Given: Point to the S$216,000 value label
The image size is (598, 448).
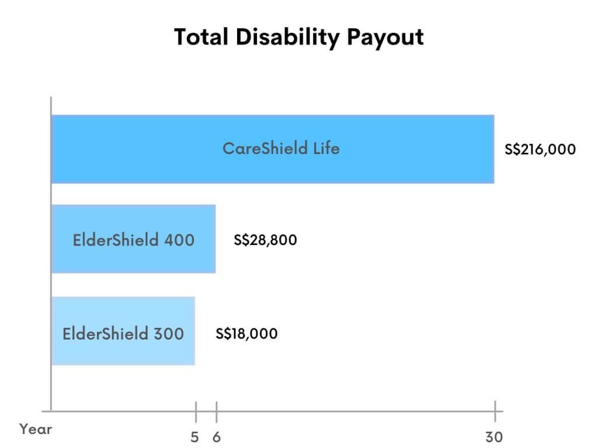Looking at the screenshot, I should point(540,149).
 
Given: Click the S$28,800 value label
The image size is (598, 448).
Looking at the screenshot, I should point(265,240).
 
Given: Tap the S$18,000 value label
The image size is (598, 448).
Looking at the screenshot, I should point(246,334).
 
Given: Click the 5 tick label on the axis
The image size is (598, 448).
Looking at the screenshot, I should point(194,436).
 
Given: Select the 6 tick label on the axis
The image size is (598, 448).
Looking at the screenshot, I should point(216,436).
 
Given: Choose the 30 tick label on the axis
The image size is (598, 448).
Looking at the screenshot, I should point(494,436).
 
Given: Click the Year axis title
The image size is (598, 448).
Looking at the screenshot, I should point(36,430).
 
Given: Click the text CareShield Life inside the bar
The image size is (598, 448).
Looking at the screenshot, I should point(280,148).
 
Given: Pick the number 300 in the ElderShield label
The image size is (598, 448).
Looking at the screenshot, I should point(169,334).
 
